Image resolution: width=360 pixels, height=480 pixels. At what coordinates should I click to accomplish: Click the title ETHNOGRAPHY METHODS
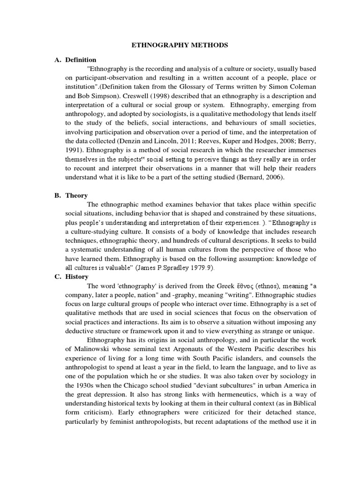click(180, 45)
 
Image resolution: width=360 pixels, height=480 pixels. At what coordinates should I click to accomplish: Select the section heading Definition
click(81, 60)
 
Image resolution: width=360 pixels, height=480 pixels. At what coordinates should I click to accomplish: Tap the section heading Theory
click(76, 195)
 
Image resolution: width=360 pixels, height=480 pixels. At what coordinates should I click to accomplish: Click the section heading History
click(77, 277)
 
